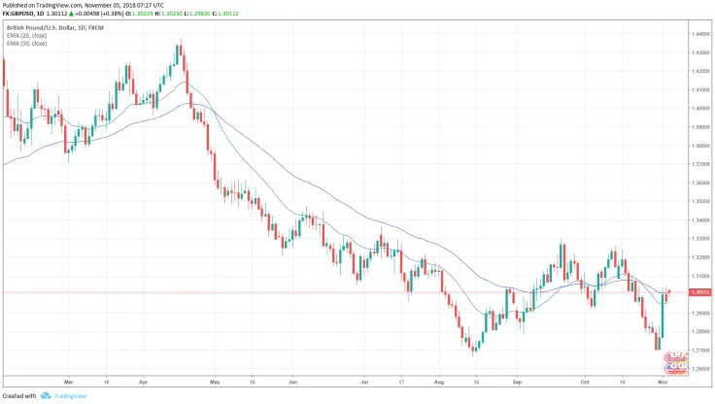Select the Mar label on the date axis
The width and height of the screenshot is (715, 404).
click(67, 381)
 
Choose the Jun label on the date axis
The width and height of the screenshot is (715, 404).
click(291, 381)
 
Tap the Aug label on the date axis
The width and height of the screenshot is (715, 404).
click(439, 381)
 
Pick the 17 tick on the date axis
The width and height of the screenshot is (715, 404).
click(400, 381)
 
